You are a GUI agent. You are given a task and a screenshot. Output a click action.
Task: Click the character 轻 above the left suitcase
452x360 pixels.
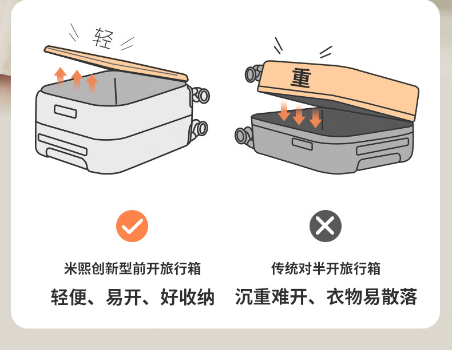point(103,38)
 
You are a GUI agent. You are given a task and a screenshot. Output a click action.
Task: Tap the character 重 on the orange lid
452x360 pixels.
point(300,78)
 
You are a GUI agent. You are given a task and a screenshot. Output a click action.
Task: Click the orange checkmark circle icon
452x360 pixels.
point(132,226)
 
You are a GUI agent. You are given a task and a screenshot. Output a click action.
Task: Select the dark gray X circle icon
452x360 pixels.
point(325,226)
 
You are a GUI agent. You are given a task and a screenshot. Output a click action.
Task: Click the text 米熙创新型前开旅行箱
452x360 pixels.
point(133,268)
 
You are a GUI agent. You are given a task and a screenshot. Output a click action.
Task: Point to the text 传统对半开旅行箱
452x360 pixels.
point(326,268)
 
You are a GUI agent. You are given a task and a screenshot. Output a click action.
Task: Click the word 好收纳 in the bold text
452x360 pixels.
point(187,298)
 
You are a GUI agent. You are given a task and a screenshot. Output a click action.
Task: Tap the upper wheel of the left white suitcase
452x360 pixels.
point(201,95)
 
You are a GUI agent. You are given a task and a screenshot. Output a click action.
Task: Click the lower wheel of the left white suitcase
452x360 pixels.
point(200,127)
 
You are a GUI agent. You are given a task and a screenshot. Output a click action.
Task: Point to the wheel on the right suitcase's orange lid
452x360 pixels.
point(252,74)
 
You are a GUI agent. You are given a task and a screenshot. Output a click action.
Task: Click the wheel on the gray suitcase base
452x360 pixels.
point(243,136)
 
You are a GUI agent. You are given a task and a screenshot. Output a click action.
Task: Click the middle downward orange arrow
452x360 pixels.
point(299,114)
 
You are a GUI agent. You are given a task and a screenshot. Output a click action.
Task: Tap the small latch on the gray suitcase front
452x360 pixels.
point(302,144)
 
